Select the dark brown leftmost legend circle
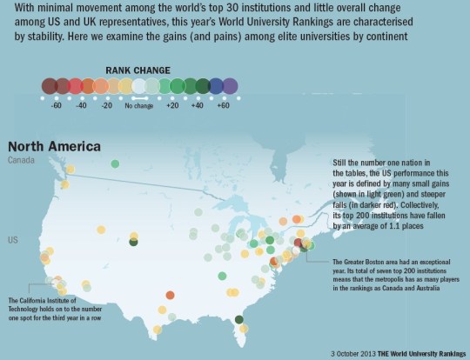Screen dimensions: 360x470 point(50,85)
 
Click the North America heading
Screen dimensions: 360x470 point(53,145)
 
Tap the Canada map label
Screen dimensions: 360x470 point(22,161)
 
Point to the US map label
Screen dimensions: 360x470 point(13,239)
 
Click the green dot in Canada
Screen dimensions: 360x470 point(115,163)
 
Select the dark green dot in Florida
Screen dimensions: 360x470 point(238,321)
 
